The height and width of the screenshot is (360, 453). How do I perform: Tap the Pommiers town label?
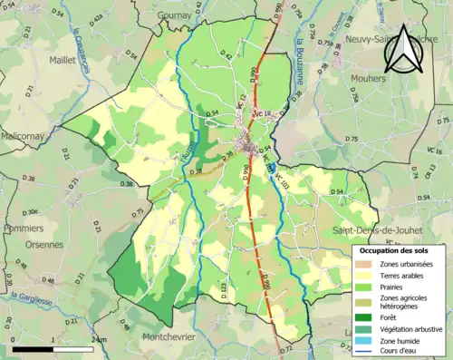pyautogui.click(x=24, y=228)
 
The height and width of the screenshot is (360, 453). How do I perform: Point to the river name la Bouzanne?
pyautogui.click(x=298, y=60)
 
